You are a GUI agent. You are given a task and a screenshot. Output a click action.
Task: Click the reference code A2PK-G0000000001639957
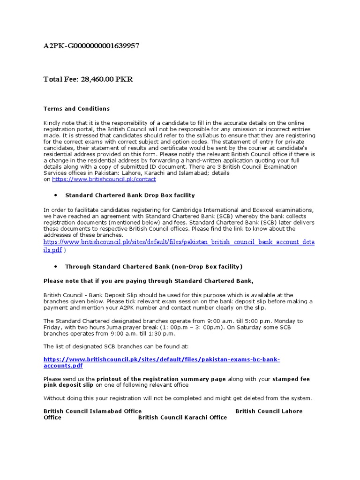tap(91, 46)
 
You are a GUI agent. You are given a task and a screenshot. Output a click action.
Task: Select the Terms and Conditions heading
tap(76, 109)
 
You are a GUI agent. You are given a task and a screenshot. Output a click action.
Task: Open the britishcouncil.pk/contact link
tap(104, 179)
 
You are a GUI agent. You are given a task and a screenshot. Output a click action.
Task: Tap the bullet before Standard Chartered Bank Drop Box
tap(56, 195)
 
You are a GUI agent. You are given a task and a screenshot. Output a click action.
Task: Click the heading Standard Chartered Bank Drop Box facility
tap(130, 195)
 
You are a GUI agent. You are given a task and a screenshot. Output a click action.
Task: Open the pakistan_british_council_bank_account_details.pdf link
tap(179, 242)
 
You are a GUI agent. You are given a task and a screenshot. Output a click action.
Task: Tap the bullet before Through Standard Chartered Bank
tap(56, 267)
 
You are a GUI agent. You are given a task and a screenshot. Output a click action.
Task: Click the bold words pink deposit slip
tap(68, 385)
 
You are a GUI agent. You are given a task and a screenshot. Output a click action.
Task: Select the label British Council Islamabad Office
tap(92, 411)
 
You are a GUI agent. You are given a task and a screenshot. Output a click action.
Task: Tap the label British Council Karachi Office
tap(182, 417)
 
